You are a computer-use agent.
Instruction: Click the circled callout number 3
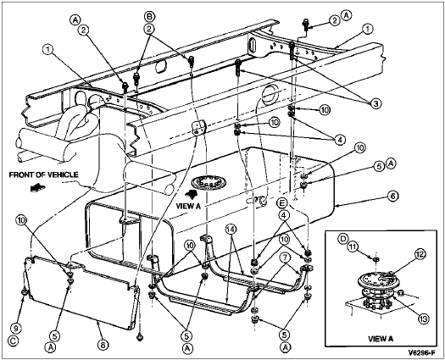[375, 103]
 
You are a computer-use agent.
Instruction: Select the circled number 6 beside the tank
[393, 197]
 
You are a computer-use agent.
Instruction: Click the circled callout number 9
[16, 329]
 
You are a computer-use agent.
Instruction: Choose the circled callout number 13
[423, 318]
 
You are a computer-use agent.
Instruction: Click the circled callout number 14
[231, 230]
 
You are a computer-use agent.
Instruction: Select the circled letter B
[149, 16]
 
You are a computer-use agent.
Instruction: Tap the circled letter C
[14, 341]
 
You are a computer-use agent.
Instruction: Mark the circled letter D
[342, 239]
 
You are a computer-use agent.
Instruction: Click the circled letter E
[283, 203]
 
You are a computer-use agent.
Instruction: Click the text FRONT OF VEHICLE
[44, 174]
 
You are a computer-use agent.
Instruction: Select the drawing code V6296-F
[421, 353]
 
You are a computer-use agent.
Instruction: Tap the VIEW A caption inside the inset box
[381, 339]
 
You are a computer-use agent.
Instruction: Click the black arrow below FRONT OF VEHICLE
[38, 187]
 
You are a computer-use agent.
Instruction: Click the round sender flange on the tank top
[209, 182]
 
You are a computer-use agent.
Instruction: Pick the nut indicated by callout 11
[375, 259]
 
